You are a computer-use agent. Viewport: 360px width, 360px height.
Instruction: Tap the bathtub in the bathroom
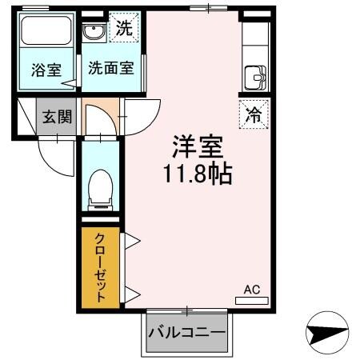click(47, 33)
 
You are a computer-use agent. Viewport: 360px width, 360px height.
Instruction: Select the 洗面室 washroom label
click(110, 69)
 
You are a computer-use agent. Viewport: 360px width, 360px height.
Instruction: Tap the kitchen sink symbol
click(257, 78)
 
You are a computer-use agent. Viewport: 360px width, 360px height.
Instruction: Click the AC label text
click(251, 289)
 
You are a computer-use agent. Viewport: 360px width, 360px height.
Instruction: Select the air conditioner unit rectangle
click(252, 301)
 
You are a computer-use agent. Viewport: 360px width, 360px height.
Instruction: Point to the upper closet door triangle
click(130, 240)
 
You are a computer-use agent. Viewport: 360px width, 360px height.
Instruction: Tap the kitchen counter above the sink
click(257, 44)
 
